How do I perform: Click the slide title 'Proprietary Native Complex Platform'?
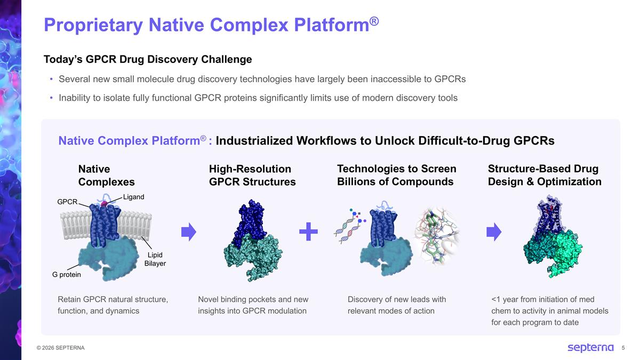(x=211, y=25)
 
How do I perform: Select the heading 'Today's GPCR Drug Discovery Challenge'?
(x=148, y=59)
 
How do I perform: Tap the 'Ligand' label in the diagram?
(x=133, y=197)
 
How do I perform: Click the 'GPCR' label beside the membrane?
(x=67, y=202)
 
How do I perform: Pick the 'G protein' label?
(x=67, y=275)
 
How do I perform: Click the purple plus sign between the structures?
(x=308, y=232)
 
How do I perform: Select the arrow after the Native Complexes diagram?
(x=189, y=232)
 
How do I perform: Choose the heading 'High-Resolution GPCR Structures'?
(x=252, y=175)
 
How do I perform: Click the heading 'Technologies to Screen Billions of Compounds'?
(x=396, y=175)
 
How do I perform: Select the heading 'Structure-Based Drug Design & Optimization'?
(x=544, y=175)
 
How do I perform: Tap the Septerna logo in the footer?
(x=590, y=348)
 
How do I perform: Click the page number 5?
(x=623, y=348)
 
